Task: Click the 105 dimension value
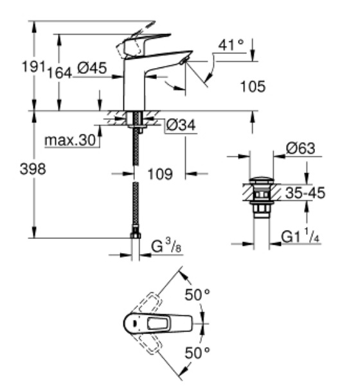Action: [x=253, y=85]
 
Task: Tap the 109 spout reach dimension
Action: [x=160, y=173]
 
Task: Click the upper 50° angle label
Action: [x=198, y=295]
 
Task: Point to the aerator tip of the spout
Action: [x=185, y=61]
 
